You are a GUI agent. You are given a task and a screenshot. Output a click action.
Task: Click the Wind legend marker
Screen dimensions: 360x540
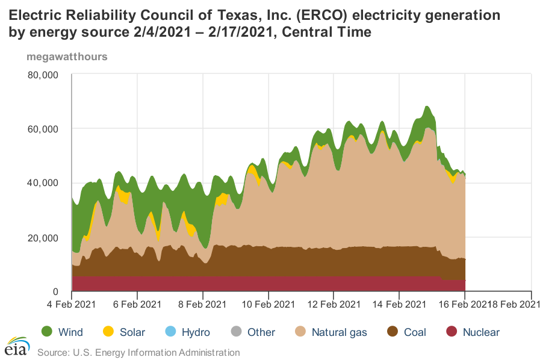pos(47,332)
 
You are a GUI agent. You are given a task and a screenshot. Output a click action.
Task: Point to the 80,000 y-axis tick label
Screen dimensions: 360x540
pos(42,75)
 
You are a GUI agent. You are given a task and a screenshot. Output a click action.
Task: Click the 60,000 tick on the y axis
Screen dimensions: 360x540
pos(42,129)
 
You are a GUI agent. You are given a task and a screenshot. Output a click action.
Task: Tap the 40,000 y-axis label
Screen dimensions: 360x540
pos(42,183)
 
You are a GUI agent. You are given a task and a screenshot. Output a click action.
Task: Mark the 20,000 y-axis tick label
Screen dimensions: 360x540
pos(42,238)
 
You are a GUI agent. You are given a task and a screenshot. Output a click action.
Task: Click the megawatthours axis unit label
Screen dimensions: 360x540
pos(67,57)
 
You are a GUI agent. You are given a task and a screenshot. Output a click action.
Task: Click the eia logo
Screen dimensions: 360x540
pos(17,346)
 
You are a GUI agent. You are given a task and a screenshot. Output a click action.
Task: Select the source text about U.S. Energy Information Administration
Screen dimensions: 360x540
pos(138,352)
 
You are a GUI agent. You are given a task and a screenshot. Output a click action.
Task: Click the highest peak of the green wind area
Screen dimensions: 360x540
pos(426,107)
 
